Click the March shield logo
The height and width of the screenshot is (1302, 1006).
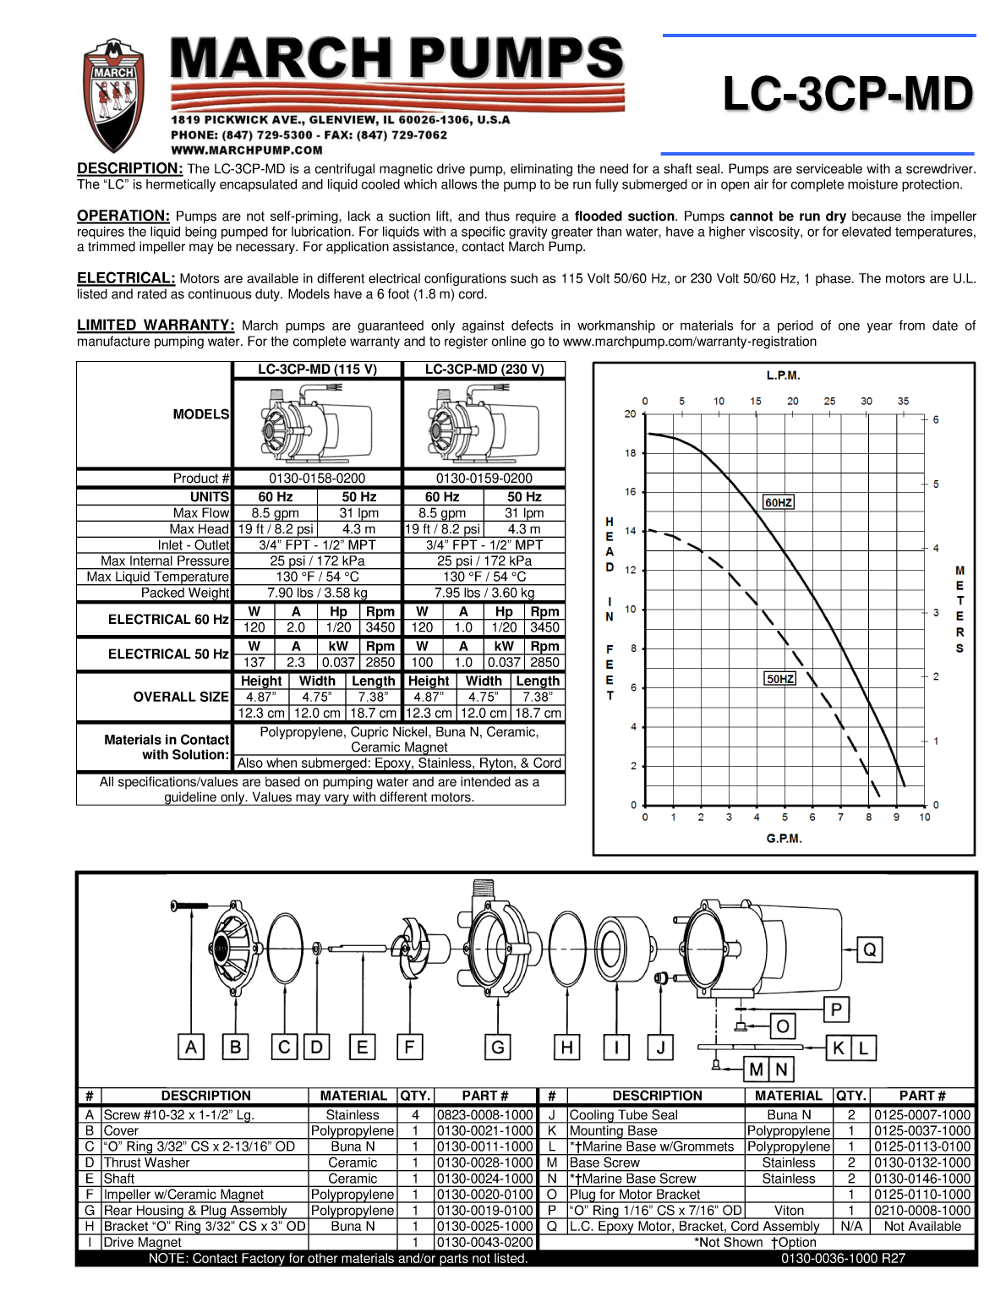[x=113, y=95]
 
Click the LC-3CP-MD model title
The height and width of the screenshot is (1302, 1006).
[x=848, y=94]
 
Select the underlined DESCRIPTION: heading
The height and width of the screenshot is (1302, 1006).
[x=130, y=169]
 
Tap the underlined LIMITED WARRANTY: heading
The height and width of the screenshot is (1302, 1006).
[x=156, y=325]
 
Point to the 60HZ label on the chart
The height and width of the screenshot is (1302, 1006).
[x=779, y=502]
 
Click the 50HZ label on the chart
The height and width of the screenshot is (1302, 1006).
[x=780, y=679]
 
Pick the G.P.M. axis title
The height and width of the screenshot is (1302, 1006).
[x=784, y=839]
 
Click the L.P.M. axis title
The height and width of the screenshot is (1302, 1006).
[x=783, y=375]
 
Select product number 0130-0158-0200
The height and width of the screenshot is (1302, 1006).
[x=317, y=479]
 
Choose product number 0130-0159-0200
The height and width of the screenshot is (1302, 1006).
[x=484, y=479]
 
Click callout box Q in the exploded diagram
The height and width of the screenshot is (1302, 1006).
[x=870, y=949]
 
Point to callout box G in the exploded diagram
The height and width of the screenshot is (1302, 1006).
[x=498, y=1048]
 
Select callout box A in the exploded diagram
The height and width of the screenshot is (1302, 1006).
[x=191, y=1048]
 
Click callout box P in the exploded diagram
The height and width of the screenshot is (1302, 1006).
[x=836, y=1009]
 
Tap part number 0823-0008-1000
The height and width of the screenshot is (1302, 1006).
[x=485, y=1115]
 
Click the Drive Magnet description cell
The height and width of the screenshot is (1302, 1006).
[x=142, y=1243]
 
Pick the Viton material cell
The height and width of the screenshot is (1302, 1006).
[x=789, y=1211]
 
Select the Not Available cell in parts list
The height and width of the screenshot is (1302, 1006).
[x=922, y=1227]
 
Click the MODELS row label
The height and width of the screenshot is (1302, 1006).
[x=201, y=414]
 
